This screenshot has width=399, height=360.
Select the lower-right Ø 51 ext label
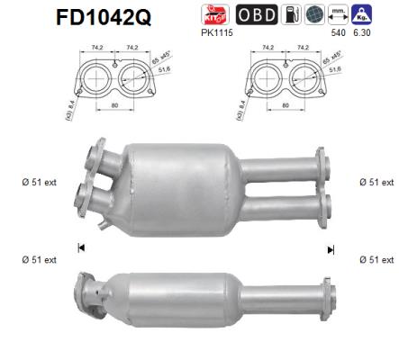[374, 260]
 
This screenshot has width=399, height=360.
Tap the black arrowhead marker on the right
[331, 249]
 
